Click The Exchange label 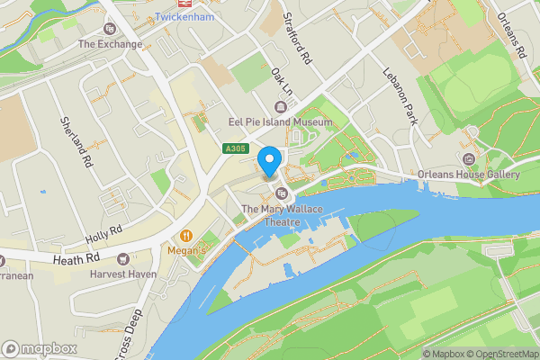coord(111,44)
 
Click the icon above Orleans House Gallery coord(469,134)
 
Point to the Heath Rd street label coord(76,258)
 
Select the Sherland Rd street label coord(78,142)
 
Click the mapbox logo coord(40,348)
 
